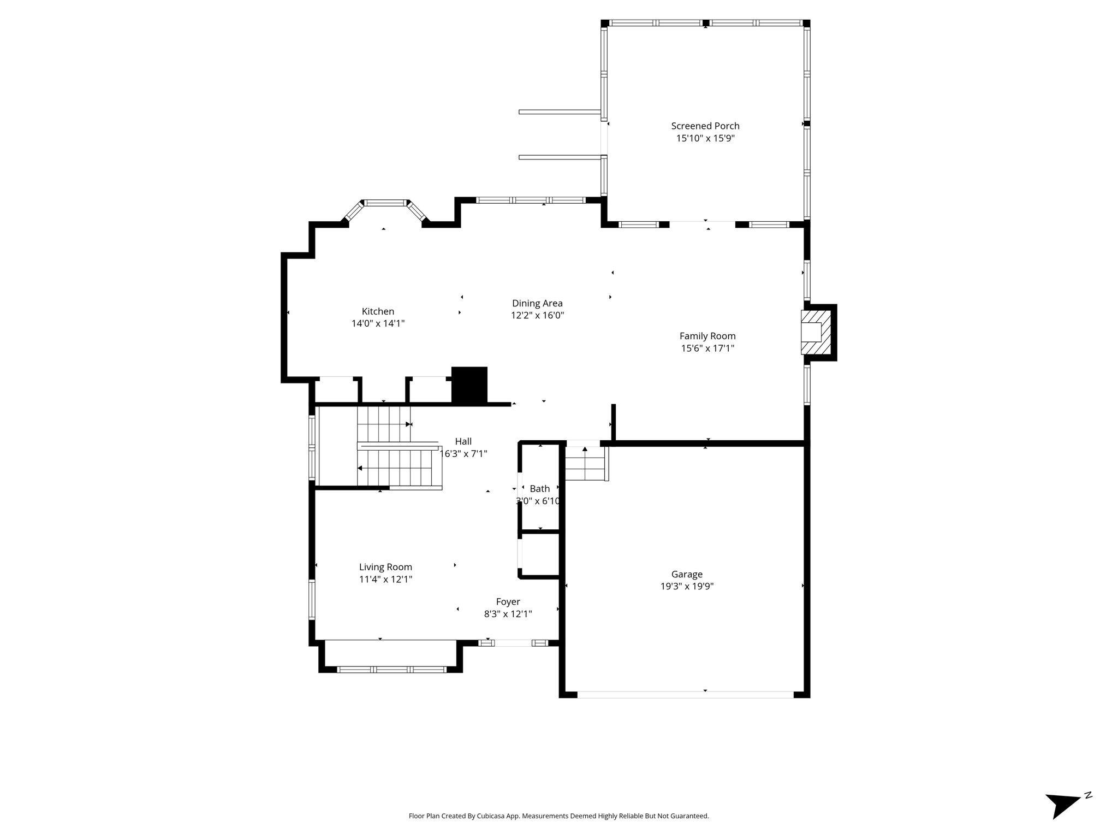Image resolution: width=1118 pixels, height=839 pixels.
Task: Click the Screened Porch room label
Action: click(705, 126)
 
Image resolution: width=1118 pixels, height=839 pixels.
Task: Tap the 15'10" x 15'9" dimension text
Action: click(705, 138)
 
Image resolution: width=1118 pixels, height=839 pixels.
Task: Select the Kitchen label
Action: click(378, 311)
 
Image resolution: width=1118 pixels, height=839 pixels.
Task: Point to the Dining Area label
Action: click(537, 303)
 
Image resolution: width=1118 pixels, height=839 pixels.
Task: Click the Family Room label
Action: click(707, 336)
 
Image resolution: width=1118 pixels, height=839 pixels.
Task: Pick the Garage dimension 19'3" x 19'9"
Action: click(687, 586)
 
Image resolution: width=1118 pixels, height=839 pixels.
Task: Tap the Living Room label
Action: click(385, 567)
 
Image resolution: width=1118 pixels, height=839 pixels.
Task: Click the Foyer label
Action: click(508, 602)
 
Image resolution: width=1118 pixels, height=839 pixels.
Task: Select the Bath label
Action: click(539, 489)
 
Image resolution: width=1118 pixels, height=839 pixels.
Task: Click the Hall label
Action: click(463, 441)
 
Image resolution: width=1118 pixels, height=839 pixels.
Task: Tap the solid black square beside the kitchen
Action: click(469, 386)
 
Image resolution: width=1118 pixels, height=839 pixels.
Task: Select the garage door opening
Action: click(685, 695)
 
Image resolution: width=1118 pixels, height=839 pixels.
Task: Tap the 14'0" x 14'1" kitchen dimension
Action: click(378, 323)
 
